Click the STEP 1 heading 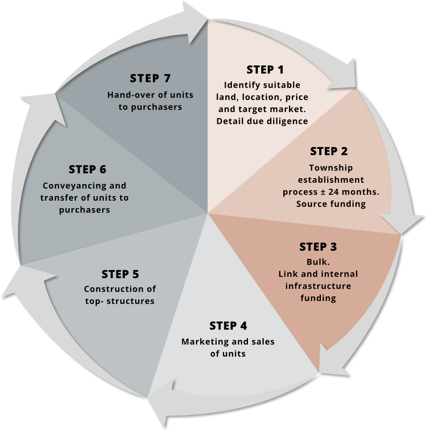tap(265, 70)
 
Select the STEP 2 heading tap(329, 152)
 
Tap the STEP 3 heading tap(318, 247)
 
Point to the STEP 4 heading tap(228, 326)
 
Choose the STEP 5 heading tap(120, 274)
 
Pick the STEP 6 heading tap(87, 169)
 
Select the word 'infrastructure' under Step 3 tap(318, 286)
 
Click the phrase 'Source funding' tap(331, 204)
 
